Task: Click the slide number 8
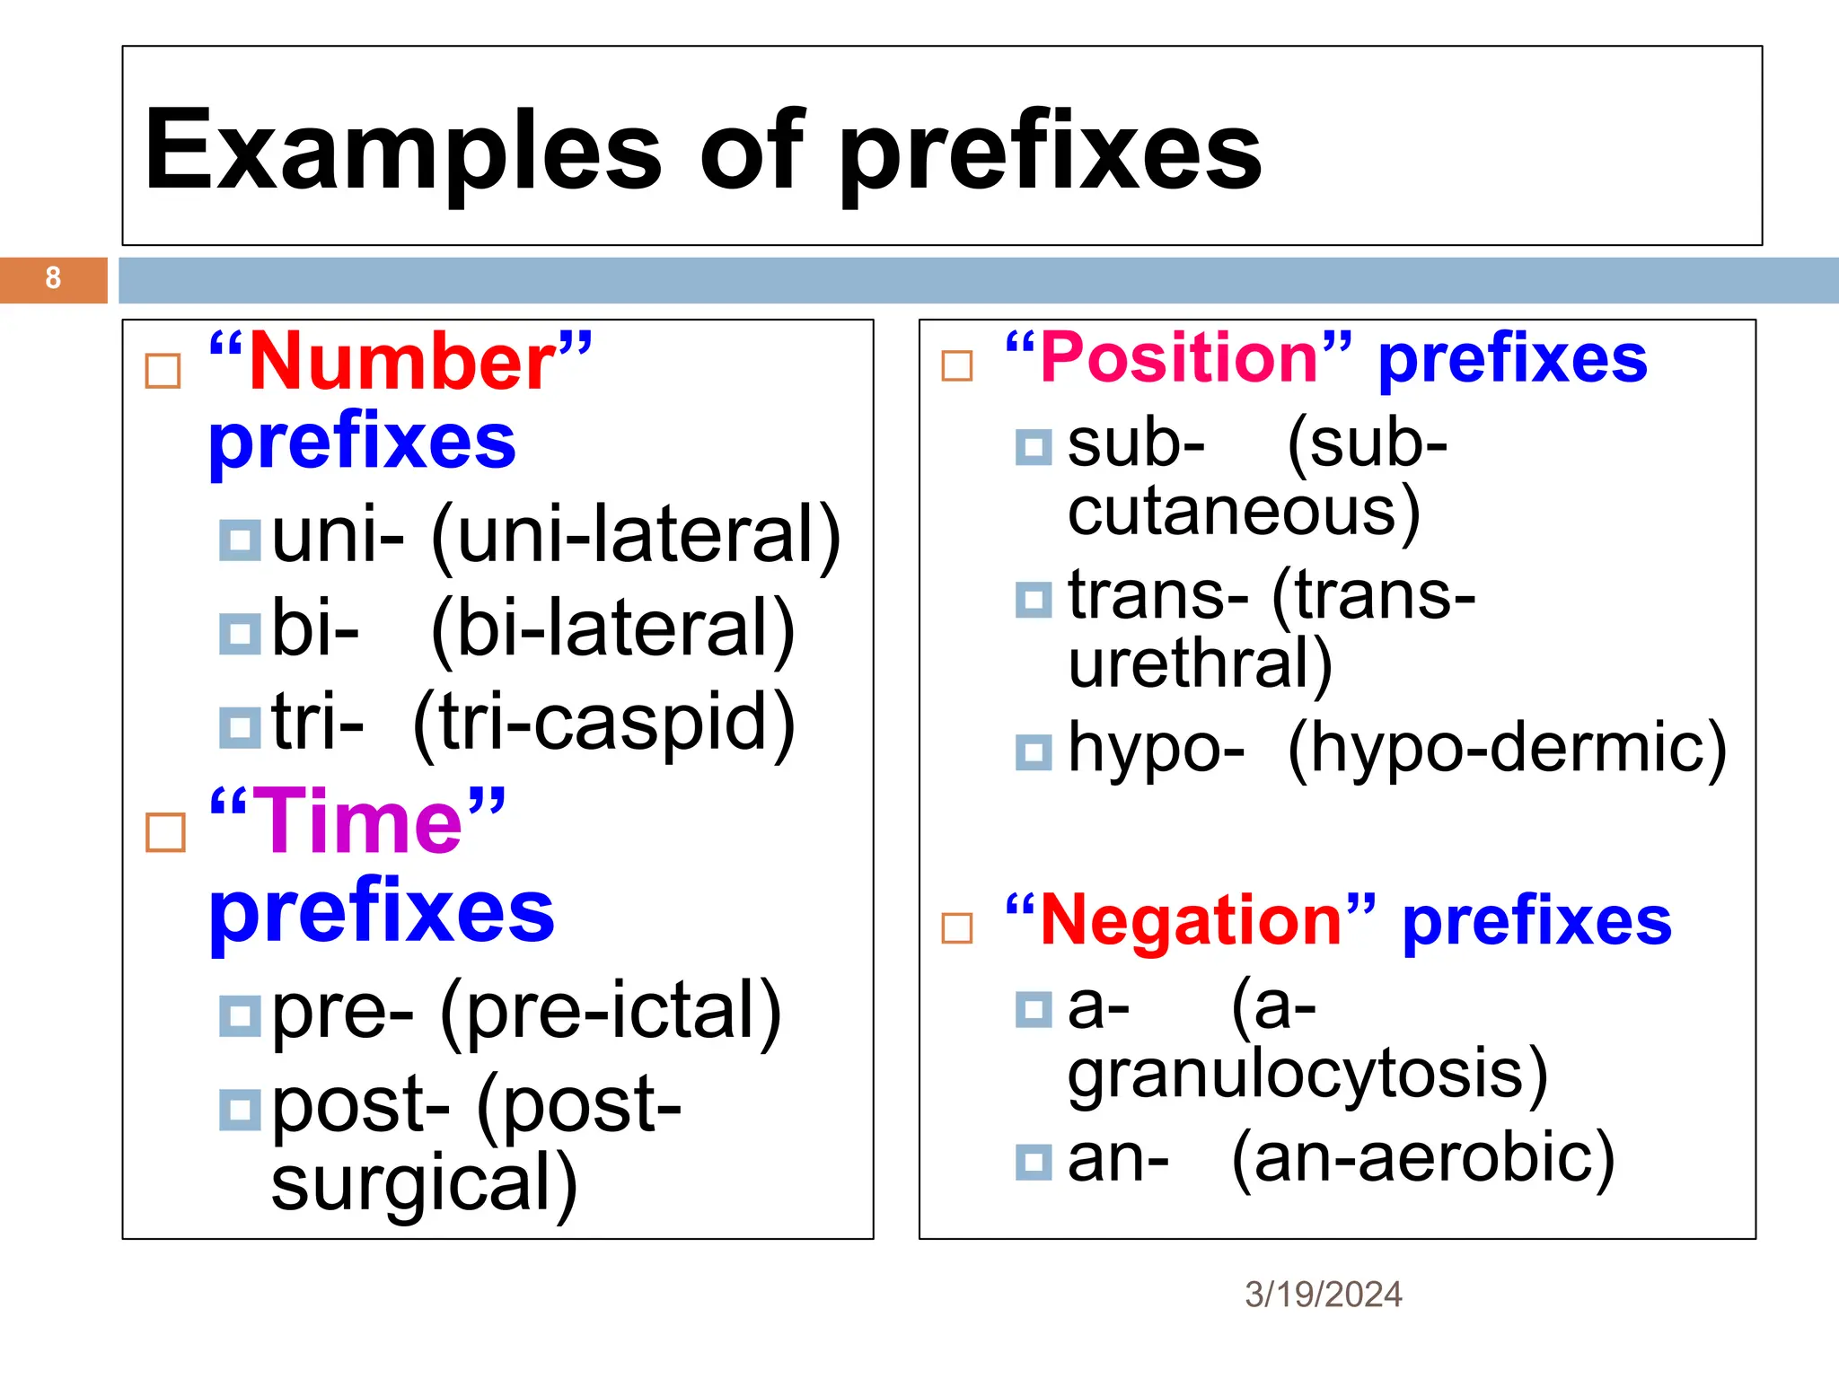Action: [x=53, y=278]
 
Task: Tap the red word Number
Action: [x=402, y=361]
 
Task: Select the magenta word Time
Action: [x=358, y=821]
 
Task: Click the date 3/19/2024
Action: [x=1323, y=1294]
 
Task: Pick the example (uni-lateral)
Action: [x=636, y=536]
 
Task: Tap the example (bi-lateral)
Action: [x=613, y=629]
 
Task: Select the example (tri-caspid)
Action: [x=604, y=723]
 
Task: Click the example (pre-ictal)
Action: [x=611, y=1013]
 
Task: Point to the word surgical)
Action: [x=424, y=1184]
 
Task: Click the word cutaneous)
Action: [x=1244, y=512]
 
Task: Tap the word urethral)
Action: [x=1200, y=663]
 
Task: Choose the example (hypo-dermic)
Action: [x=1507, y=748]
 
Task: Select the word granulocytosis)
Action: [x=1307, y=1073]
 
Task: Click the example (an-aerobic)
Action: [x=1423, y=1159]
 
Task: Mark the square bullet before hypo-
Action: [x=1034, y=752]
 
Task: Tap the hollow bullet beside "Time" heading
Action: [x=165, y=832]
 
